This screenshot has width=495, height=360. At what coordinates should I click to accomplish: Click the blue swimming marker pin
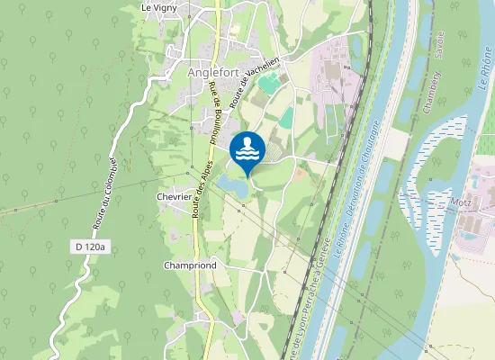click(247, 148)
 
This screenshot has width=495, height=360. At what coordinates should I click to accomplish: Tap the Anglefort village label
click(216, 73)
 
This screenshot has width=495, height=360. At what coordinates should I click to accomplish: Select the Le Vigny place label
click(159, 8)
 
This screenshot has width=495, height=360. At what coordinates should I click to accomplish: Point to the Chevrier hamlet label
click(174, 196)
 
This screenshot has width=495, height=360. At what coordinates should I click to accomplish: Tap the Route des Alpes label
click(201, 189)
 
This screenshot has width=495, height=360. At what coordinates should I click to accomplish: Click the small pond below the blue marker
click(231, 185)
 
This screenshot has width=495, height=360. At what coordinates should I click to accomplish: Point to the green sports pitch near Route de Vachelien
click(268, 84)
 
